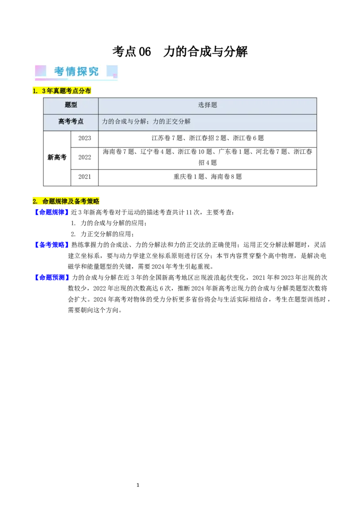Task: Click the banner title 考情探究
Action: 76,71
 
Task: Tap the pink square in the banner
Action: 40,71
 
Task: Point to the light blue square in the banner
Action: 112,71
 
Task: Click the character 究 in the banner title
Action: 93,71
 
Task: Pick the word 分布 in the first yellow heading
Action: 85,91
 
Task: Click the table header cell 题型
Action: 71,105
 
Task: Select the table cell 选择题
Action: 207,105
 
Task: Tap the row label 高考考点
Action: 71,121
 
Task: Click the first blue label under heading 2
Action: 51,212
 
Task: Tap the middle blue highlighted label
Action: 51,245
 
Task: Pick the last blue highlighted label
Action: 52,277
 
